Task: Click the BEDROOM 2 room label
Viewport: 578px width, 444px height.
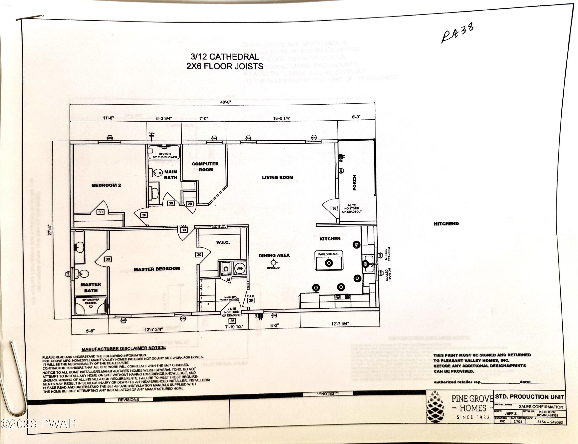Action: pos(106,185)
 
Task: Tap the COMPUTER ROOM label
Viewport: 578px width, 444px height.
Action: pos(205,167)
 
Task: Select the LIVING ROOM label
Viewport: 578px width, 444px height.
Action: pos(278,177)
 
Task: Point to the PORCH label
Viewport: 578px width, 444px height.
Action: pos(355,182)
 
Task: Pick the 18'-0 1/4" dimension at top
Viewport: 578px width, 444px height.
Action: pos(282,118)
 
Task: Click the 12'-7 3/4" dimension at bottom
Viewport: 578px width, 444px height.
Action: pos(340,324)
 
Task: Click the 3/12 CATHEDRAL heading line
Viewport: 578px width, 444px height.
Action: pos(225,57)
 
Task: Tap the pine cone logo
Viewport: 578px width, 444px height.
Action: pos(436,407)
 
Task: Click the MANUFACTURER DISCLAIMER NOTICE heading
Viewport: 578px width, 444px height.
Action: pos(124,349)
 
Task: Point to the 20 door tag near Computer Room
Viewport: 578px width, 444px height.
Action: pos(190,204)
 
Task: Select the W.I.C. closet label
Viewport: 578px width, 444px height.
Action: pos(223,242)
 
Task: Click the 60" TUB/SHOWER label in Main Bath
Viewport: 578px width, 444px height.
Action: pos(165,157)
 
